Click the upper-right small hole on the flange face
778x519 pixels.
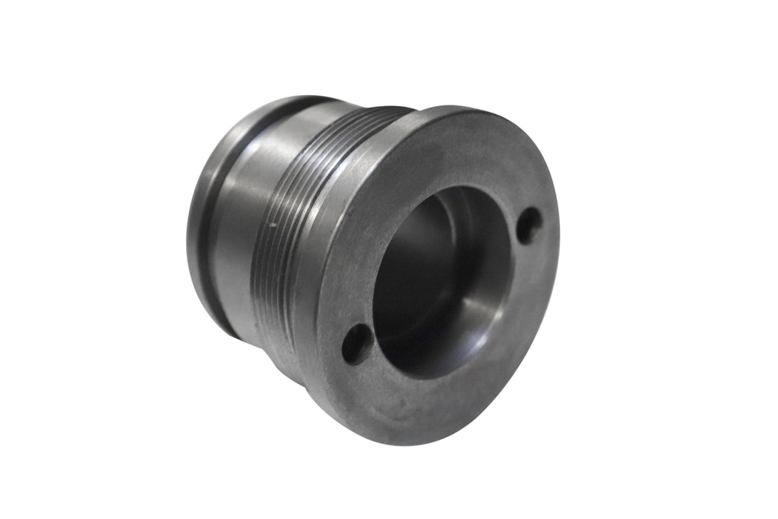pyautogui.click(x=528, y=225)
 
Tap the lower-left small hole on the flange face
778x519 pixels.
pyautogui.click(x=356, y=342)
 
